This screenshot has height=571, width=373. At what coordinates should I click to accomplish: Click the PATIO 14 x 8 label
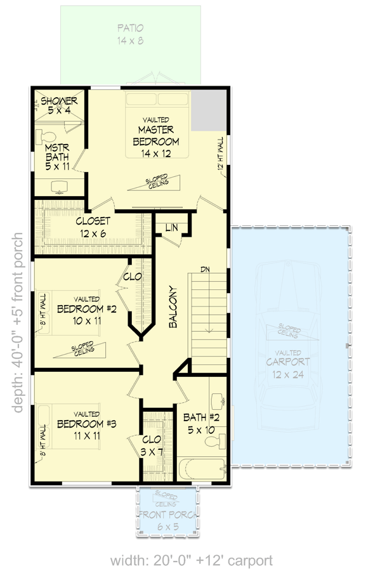click(x=130, y=34)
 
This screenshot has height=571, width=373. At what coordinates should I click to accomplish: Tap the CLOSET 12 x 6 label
click(x=93, y=227)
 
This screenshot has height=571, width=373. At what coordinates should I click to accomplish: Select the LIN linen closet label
click(x=171, y=228)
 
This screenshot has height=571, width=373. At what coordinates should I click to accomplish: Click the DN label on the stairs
click(x=204, y=268)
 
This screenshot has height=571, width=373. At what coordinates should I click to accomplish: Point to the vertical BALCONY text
click(x=173, y=306)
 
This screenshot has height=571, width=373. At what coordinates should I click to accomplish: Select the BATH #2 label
click(x=201, y=423)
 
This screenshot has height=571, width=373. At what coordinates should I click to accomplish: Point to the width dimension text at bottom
click(x=192, y=560)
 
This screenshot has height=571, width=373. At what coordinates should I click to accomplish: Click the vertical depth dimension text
click(x=17, y=322)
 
